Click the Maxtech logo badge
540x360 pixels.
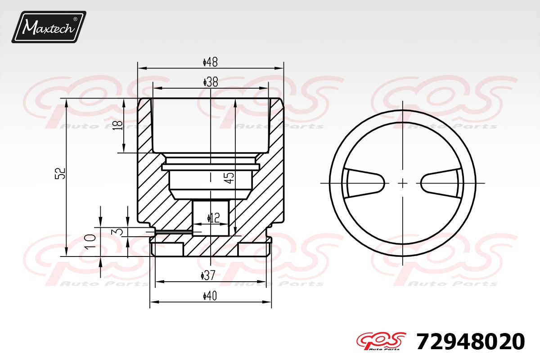(x=49, y=27)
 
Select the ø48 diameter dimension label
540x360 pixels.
(x=210, y=62)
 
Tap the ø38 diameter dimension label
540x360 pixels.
(x=211, y=82)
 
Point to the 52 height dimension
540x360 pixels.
(x=60, y=173)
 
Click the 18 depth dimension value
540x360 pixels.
(x=118, y=126)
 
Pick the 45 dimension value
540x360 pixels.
(x=229, y=178)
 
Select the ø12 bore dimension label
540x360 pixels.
(x=214, y=218)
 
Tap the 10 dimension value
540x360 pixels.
(x=90, y=241)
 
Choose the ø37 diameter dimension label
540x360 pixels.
(x=208, y=275)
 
